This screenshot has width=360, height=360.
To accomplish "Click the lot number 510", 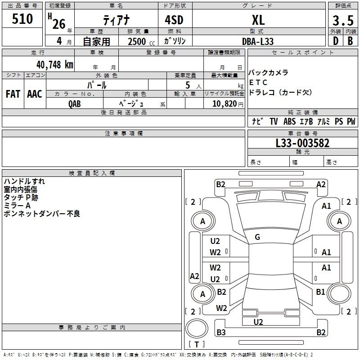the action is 22,19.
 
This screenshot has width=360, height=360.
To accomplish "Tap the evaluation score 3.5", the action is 343,20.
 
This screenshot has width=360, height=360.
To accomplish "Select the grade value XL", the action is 258,20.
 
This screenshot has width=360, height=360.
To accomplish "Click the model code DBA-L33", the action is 258,41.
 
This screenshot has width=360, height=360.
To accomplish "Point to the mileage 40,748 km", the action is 55,65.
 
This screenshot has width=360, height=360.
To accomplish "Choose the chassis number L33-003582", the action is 302,143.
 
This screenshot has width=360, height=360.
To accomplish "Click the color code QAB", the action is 75,104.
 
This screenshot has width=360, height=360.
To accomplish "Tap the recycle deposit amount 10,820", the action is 225,104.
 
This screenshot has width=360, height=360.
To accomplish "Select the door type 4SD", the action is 174,20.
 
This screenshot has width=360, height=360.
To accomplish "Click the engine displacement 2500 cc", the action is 141,41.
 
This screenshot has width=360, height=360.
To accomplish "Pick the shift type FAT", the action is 13,94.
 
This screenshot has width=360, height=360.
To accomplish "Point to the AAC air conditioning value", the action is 35,94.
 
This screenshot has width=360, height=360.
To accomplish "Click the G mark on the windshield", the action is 257,237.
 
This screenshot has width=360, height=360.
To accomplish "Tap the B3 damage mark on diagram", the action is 221,332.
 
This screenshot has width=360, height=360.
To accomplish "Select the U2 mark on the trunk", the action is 258,322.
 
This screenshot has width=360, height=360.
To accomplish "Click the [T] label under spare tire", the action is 197,344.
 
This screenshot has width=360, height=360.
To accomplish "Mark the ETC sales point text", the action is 258,82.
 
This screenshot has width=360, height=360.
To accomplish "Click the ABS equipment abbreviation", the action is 289,121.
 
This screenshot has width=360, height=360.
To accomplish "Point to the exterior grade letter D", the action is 336,41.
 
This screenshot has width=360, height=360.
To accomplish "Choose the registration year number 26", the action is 59,24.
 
